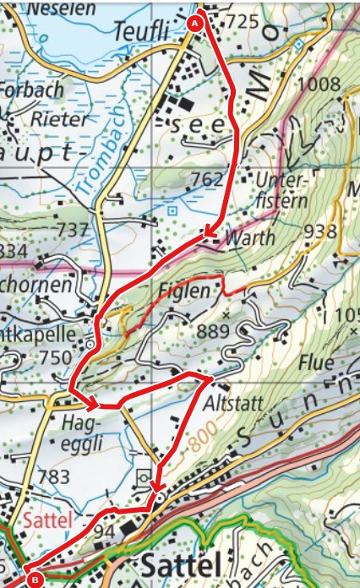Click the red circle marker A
click(x=197, y=23)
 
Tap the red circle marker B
click(x=35, y=580)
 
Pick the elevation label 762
click(x=207, y=178)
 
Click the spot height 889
click(x=213, y=332)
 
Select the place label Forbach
click(x=31, y=90)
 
